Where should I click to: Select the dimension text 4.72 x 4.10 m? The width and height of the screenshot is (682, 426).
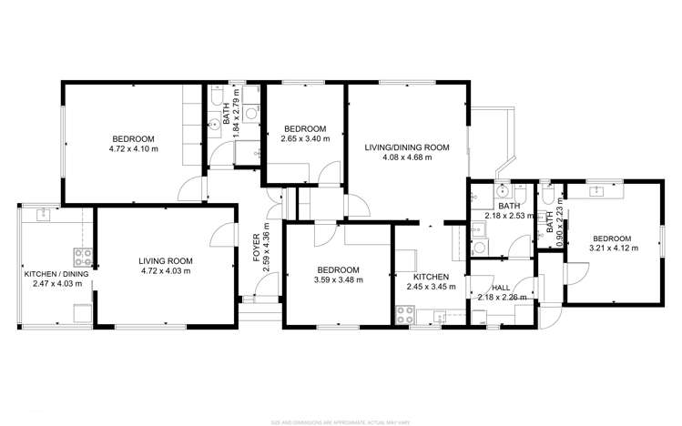(x=134, y=148)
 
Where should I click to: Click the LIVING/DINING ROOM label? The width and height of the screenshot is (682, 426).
(x=407, y=147)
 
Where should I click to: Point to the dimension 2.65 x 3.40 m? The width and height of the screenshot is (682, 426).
(x=304, y=139)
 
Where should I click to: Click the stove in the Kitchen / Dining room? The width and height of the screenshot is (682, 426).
(x=82, y=256)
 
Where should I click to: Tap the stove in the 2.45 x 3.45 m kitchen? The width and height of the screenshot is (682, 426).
(x=406, y=315)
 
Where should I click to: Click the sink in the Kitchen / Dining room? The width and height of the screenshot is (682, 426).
(x=43, y=216)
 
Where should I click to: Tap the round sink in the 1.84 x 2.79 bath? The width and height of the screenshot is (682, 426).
(x=215, y=127)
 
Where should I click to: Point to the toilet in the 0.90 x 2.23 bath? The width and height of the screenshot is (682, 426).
(x=547, y=192)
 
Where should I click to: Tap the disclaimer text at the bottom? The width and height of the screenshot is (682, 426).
(x=340, y=421)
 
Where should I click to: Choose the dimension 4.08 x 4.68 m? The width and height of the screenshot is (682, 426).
(x=407, y=157)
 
